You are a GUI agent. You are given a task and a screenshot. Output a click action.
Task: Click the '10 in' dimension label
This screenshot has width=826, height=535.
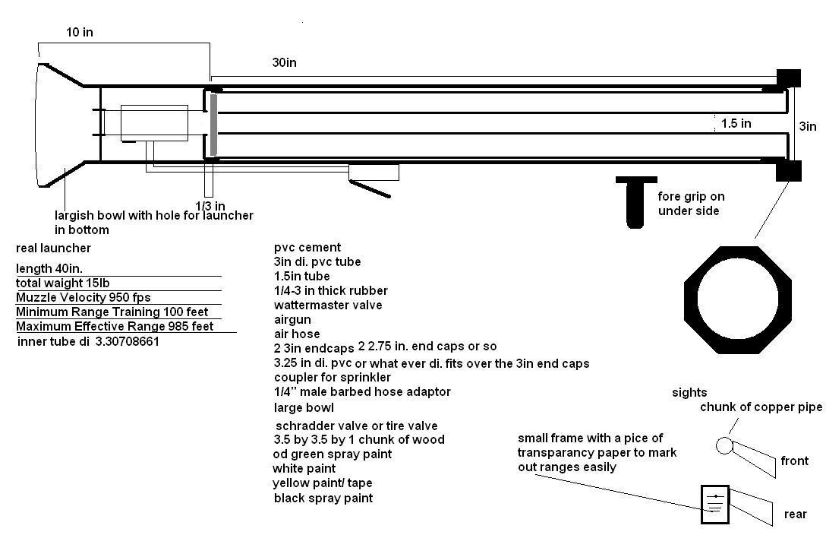point(80,33)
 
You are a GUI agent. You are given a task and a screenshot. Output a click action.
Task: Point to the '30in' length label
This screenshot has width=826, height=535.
point(284,63)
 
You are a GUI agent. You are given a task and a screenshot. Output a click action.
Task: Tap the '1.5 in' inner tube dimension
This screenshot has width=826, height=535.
point(736,123)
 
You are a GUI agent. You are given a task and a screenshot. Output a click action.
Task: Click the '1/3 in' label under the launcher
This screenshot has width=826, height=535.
point(210,206)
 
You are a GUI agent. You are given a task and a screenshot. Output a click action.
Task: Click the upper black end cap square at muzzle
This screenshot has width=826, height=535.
point(788,78)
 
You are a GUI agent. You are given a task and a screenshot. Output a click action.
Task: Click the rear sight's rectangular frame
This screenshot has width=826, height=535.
point(714,505)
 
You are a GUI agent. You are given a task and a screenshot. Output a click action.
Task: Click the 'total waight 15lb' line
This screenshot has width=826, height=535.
point(68,283)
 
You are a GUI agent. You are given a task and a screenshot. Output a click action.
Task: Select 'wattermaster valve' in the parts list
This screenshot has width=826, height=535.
point(328,305)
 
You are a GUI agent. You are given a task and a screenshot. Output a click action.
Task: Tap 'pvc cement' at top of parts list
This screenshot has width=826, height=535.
point(307,247)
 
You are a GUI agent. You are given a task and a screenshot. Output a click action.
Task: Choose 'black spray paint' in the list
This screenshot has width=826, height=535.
point(323,498)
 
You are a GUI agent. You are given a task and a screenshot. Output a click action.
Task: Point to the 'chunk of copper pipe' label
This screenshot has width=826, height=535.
point(761,407)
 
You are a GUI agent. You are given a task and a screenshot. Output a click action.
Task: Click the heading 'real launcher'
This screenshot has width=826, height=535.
point(53,249)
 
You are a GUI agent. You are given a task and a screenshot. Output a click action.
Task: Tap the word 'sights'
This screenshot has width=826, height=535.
point(689,393)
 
